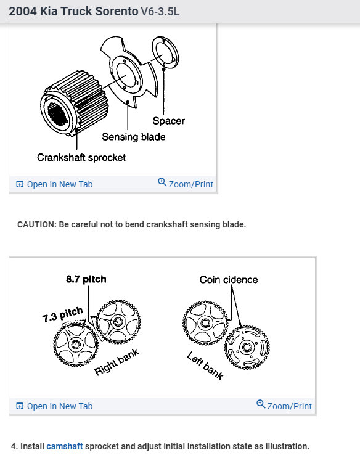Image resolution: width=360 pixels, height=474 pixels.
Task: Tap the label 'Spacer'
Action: (168, 121)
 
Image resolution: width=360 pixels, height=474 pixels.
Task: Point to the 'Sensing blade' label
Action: (134, 137)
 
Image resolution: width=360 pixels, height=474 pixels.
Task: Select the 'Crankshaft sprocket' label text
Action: (81, 157)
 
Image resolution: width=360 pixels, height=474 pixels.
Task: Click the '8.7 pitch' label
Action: (86, 279)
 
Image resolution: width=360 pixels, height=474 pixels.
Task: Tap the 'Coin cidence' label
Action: (229, 279)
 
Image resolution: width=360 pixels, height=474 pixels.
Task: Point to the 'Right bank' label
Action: (117, 362)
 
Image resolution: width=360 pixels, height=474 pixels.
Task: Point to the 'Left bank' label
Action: (205, 366)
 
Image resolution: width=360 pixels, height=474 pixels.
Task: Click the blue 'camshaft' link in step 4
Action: (64, 446)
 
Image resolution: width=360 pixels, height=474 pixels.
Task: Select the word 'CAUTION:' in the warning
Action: (36, 224)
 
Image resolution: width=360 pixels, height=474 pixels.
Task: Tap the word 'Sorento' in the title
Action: (108, 12)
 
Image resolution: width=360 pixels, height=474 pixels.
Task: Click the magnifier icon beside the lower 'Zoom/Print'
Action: (261, 405)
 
